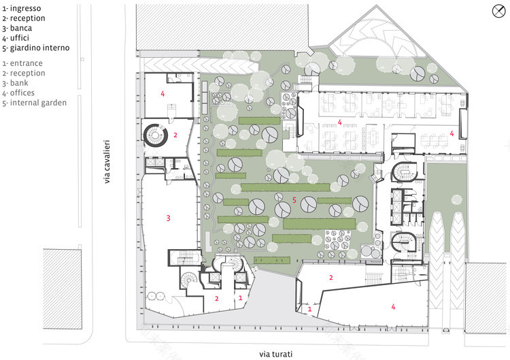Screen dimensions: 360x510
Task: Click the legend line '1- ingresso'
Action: [23, 8]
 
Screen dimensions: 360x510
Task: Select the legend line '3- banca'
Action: [19, 29]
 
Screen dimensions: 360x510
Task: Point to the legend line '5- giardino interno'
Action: [35, 48]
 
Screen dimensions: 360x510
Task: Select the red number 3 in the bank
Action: [168, 218]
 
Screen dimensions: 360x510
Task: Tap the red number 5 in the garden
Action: [294, 199]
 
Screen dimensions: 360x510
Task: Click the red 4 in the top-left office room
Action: [163, 95]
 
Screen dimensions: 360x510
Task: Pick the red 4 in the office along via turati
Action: [393, 307]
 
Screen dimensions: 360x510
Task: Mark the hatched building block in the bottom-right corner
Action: [487, 293]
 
